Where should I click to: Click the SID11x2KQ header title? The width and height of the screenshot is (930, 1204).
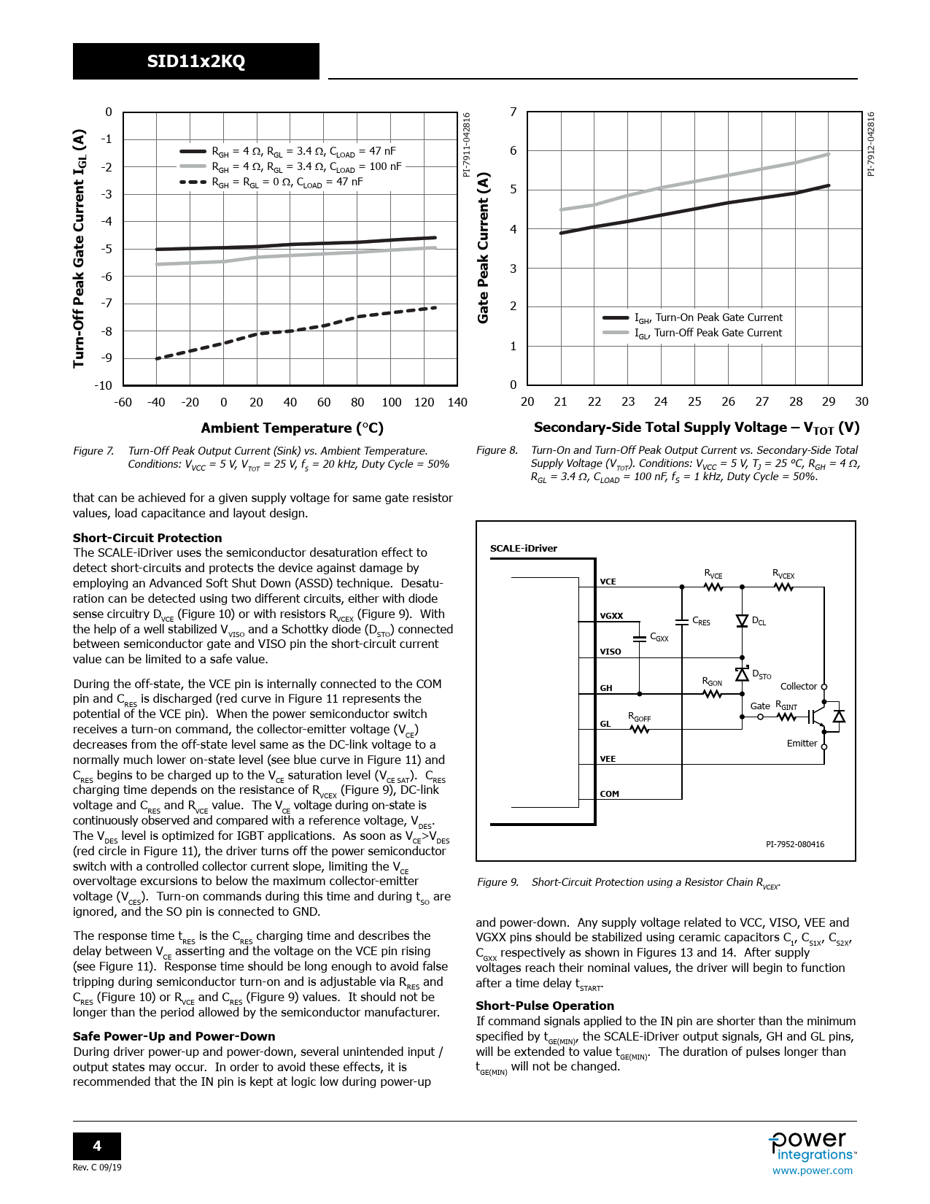pyautogui.click(x=195, y=61)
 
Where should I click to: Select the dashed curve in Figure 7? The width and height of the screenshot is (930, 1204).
pyautogui.click(x=292, y=331)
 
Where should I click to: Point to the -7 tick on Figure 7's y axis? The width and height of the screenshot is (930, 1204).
pyautogui.click(x=106, y=304)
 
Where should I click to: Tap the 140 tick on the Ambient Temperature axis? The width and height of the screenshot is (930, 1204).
pyautogui.click(x=457, y=402)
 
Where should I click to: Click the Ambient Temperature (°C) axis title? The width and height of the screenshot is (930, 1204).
pyautogui.click(x=292, y=428)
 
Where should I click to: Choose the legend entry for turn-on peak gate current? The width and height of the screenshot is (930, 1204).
pyautogui.click(x=708, y=318)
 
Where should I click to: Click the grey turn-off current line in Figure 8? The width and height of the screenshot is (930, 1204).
pyautogui.click(x=693, y=182)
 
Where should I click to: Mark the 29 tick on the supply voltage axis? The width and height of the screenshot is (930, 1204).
pyautogui.click(x=829, y=401)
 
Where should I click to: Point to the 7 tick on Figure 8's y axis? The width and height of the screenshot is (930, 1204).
pyautogui.click(x=514, y=112)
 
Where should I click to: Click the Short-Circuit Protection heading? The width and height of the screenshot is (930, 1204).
pyautogui.click(x=147, y=538)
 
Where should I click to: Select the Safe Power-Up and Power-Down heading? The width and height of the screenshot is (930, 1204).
pyautogui.click(x=174, y=1036)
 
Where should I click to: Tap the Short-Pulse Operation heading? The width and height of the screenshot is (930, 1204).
pyautogui.click(x=545, y=1006)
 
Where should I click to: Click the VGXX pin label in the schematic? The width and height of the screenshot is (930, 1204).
pyautogui.click(x=611, y=616)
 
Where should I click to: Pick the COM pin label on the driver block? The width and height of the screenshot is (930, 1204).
pyautogui.click(x=609, y=794)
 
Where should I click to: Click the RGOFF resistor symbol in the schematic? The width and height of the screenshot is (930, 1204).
pyautogui.click(x=639, y=729)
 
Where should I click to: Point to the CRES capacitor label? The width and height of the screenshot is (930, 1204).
pyautogui.click(x=701, y=621)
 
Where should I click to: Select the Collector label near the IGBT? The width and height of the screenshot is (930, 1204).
pyautogui.click(x=798, y=687)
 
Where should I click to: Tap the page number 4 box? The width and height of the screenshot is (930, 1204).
pyautogui.click(x=97, y=1146)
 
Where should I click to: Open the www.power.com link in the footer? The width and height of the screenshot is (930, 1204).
pyautogui.click(x=812, y=1170)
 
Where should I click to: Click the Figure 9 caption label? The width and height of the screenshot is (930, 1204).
pyautogui.click(x=497, y=882)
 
